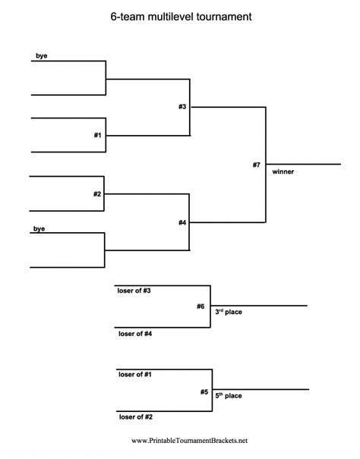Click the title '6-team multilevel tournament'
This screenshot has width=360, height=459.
pyautogui.click(x=180, y=15)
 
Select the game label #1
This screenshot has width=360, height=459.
pyautogui.click(x=97, y=134)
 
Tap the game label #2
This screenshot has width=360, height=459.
pyautogui.click(x=97, y=193)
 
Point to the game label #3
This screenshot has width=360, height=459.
pyautogui.click(x=182, y=106)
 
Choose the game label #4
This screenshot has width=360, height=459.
pyautogui.click(x=182, y=222)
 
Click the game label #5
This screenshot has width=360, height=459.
pyautogui.click(x=204, y=391)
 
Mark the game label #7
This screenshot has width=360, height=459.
pyautogui.click(x=257, y=165)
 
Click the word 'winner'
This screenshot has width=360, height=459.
pyautogui.click(x=283, y=171)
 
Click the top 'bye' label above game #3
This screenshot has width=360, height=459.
pyautogui.click(x=41, y=56)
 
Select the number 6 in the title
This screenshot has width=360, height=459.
pyautogui.click(x=113, y=15)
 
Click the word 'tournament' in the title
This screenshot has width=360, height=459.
pyautogui.click(x=223, y=15)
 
